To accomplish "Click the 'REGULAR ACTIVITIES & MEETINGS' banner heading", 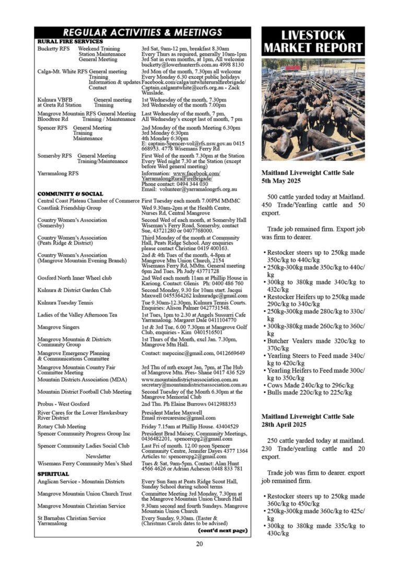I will click(142, 32).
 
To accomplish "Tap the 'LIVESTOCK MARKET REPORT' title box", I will click(313, 42).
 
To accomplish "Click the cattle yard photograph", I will click(313, 109).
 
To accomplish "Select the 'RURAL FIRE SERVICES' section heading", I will click(70, 41).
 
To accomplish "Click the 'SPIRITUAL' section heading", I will click(53, 474).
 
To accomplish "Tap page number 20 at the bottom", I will click(199, 544).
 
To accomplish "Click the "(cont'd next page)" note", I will click(222, 531).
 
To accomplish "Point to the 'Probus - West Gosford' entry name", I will click(63, 404).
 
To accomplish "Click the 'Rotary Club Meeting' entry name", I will click(62, 426).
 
